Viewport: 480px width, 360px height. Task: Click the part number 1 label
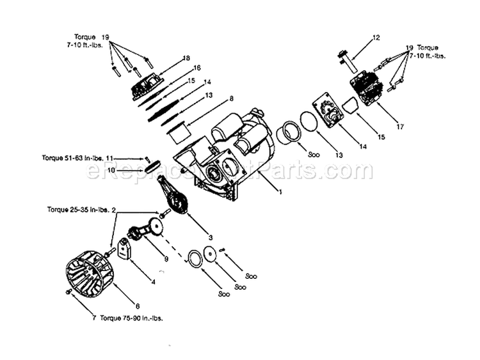(x=280, y=190)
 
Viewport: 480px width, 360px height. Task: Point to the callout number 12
(x=376, y=38)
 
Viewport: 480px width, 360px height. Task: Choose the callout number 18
(x=187, y=58)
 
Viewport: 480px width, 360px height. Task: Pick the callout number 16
(x=196, y=67)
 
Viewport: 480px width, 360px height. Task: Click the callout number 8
(x=231, y=98)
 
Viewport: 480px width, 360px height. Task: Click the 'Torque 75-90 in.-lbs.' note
(x=129, y=318)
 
